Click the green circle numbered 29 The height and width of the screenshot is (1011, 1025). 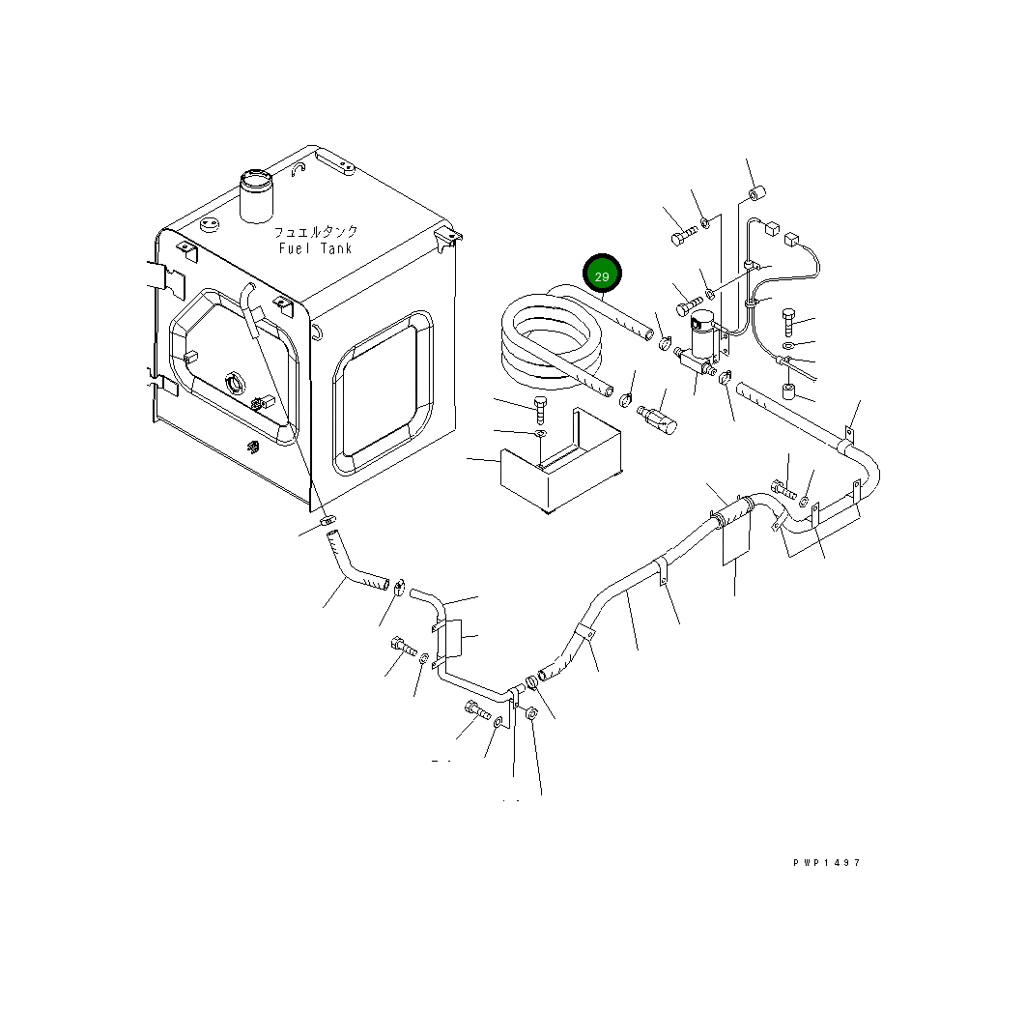pos(602,275)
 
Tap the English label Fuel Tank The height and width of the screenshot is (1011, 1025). pos(316,248)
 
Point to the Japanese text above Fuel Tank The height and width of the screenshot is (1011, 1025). pos(316,232)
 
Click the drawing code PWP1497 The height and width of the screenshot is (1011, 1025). pos(827,862)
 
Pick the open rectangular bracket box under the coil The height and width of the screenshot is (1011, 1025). pos(561,461)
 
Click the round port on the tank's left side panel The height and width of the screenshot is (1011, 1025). pos(235,383)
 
